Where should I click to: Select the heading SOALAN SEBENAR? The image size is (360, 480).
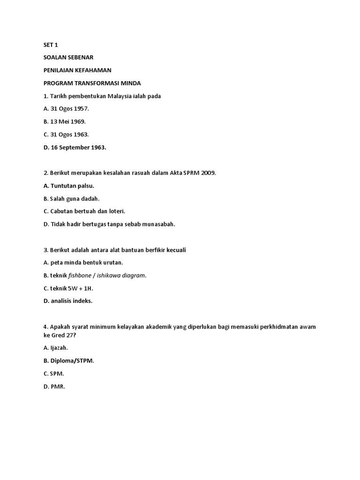pos(68,57)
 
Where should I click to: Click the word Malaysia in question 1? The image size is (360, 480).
pos(123,96)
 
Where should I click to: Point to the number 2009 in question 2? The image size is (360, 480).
pos(208,173)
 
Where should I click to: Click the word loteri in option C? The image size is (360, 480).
pos(115,211)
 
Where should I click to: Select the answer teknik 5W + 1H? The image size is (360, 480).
pos(70,288)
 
